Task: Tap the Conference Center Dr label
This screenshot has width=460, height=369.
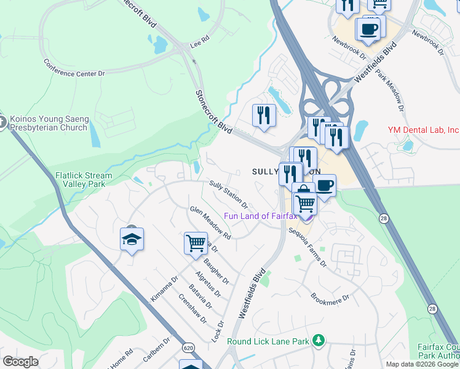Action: coord(74,68)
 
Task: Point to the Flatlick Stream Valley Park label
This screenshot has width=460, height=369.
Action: coord(84,180)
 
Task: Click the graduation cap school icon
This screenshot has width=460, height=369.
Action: coord(132,239)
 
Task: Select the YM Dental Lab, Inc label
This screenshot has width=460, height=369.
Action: coord(422,130)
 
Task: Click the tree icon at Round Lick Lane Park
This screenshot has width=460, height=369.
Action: coord(318,340)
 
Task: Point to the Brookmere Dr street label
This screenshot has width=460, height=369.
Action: coord(330,293)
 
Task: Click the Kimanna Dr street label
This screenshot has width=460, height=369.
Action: coord(164,287)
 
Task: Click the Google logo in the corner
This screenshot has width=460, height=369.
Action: coord(21,362)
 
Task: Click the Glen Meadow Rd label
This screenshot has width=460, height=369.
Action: coord(210,223)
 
